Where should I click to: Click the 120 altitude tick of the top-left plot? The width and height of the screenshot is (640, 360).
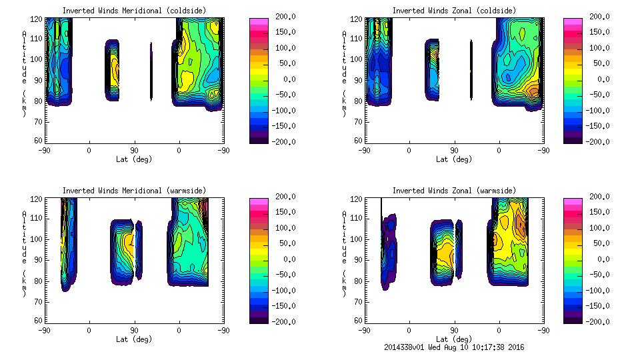point(39,19)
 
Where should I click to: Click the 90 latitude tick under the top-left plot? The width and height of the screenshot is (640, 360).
point(134,150)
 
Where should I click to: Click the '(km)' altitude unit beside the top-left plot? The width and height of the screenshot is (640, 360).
point(25,103)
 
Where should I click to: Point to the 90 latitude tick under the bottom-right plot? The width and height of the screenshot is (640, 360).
point(454,330)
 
